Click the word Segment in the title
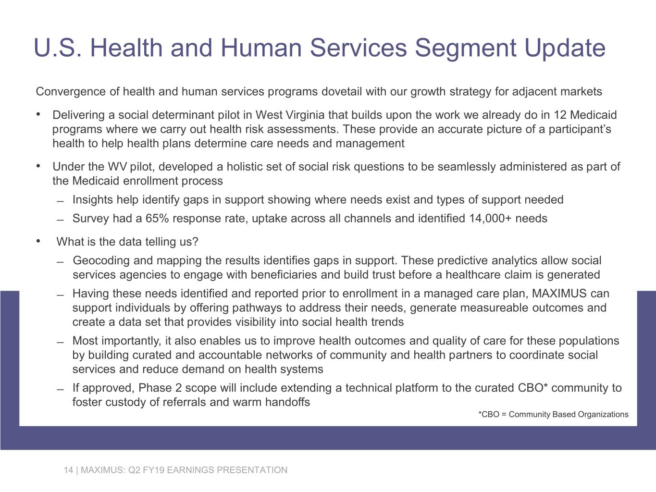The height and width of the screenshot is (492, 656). [x=465, y=48]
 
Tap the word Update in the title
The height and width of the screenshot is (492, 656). [x=565, y=48]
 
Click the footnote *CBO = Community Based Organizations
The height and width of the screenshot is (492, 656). [x=554, y=414]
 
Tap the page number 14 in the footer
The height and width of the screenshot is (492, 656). [x=68, y=470]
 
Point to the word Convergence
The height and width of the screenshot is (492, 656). [x=71, y=92]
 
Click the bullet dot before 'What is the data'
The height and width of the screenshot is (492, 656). [x=38, y=241]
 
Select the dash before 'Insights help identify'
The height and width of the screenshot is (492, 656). [x=61, y=201]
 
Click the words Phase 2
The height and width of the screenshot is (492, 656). [x=160, y=388]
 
